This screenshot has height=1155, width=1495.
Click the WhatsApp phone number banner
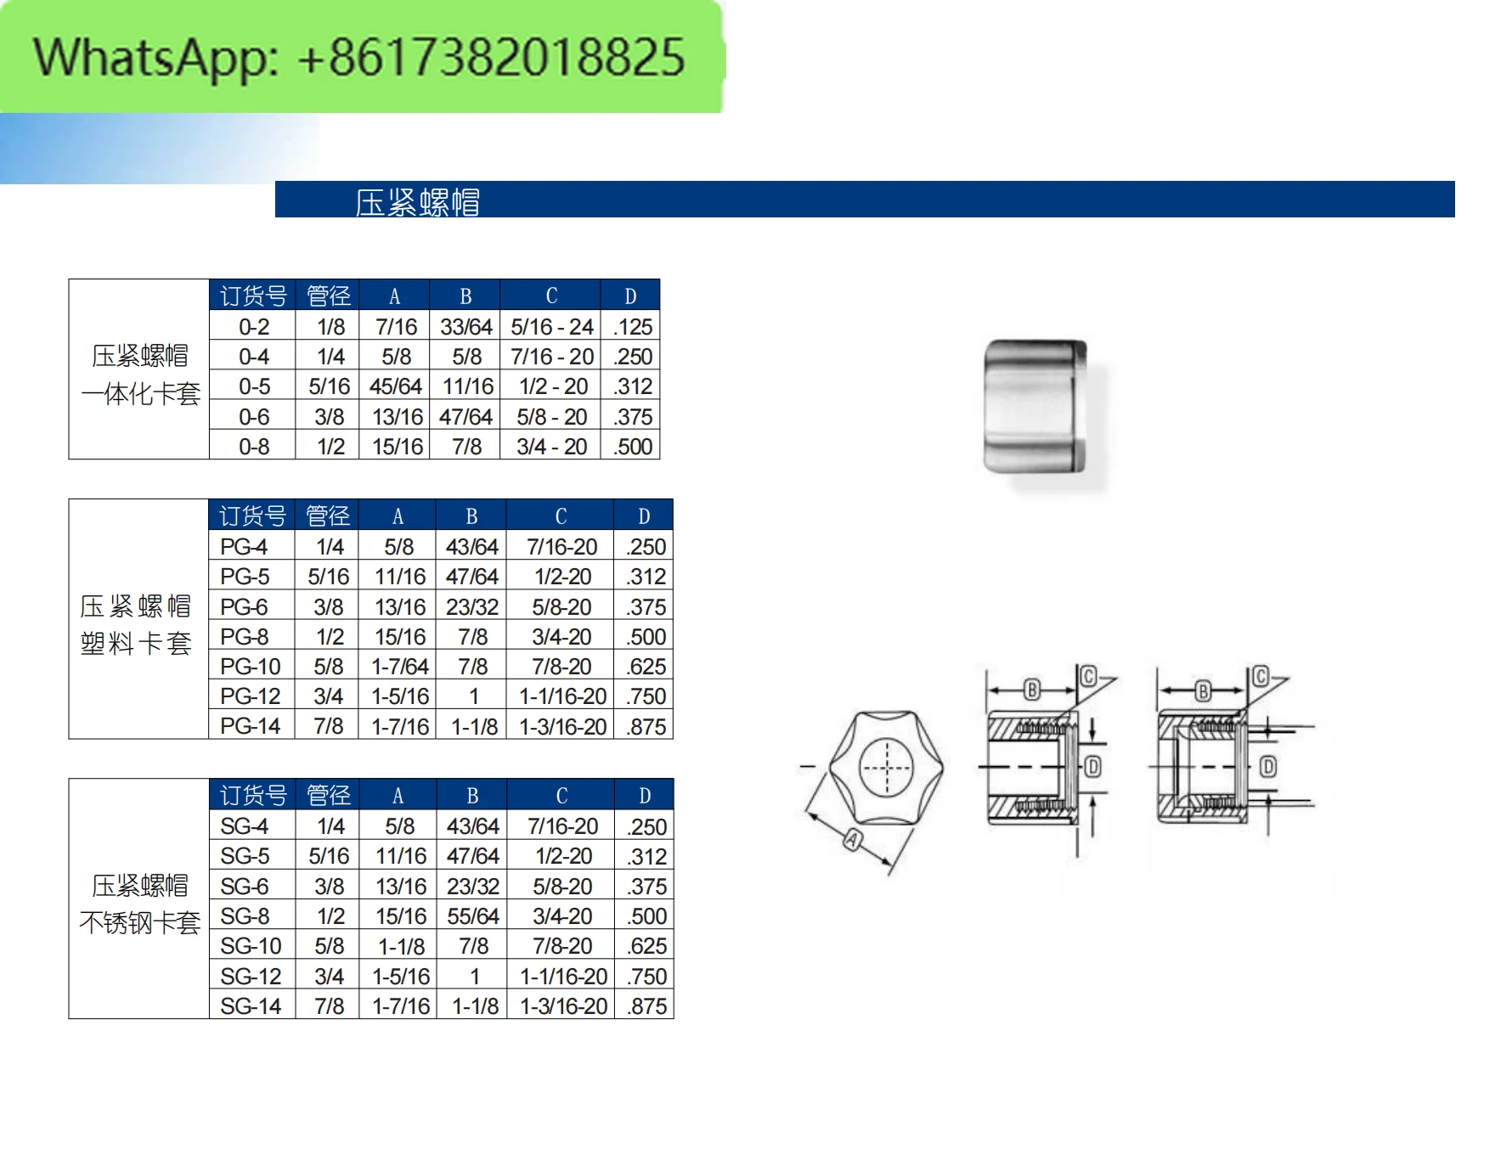[360, 57]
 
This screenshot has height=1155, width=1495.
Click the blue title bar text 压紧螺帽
[417, 202]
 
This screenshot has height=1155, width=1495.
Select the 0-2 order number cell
[253, 327]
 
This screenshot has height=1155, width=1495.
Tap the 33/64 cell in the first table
[465, 327]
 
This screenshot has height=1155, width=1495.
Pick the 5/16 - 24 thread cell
[551, 327]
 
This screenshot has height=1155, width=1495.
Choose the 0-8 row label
[253, 447]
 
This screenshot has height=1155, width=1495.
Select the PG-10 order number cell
[250, 667]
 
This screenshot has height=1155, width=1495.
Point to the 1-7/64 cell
[399, 667]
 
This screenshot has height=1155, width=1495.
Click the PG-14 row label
[250, 726]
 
